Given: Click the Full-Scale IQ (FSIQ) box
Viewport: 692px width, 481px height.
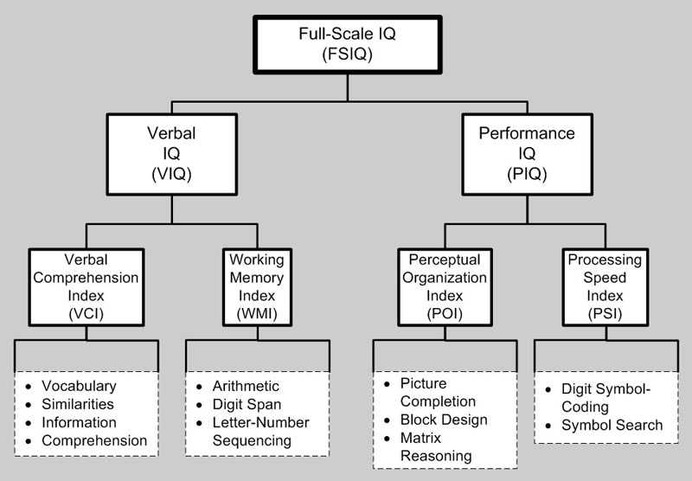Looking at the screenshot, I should tap(348, 42).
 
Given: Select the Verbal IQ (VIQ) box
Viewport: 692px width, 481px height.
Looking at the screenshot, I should tap(171, 156).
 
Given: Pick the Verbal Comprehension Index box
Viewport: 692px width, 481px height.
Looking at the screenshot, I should tap(85, 286).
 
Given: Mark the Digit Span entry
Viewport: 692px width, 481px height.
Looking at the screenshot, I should tap(247, 404).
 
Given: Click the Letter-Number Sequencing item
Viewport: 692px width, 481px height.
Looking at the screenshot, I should tap(257, 432).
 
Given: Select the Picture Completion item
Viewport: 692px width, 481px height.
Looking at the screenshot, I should tap(439, 393).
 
